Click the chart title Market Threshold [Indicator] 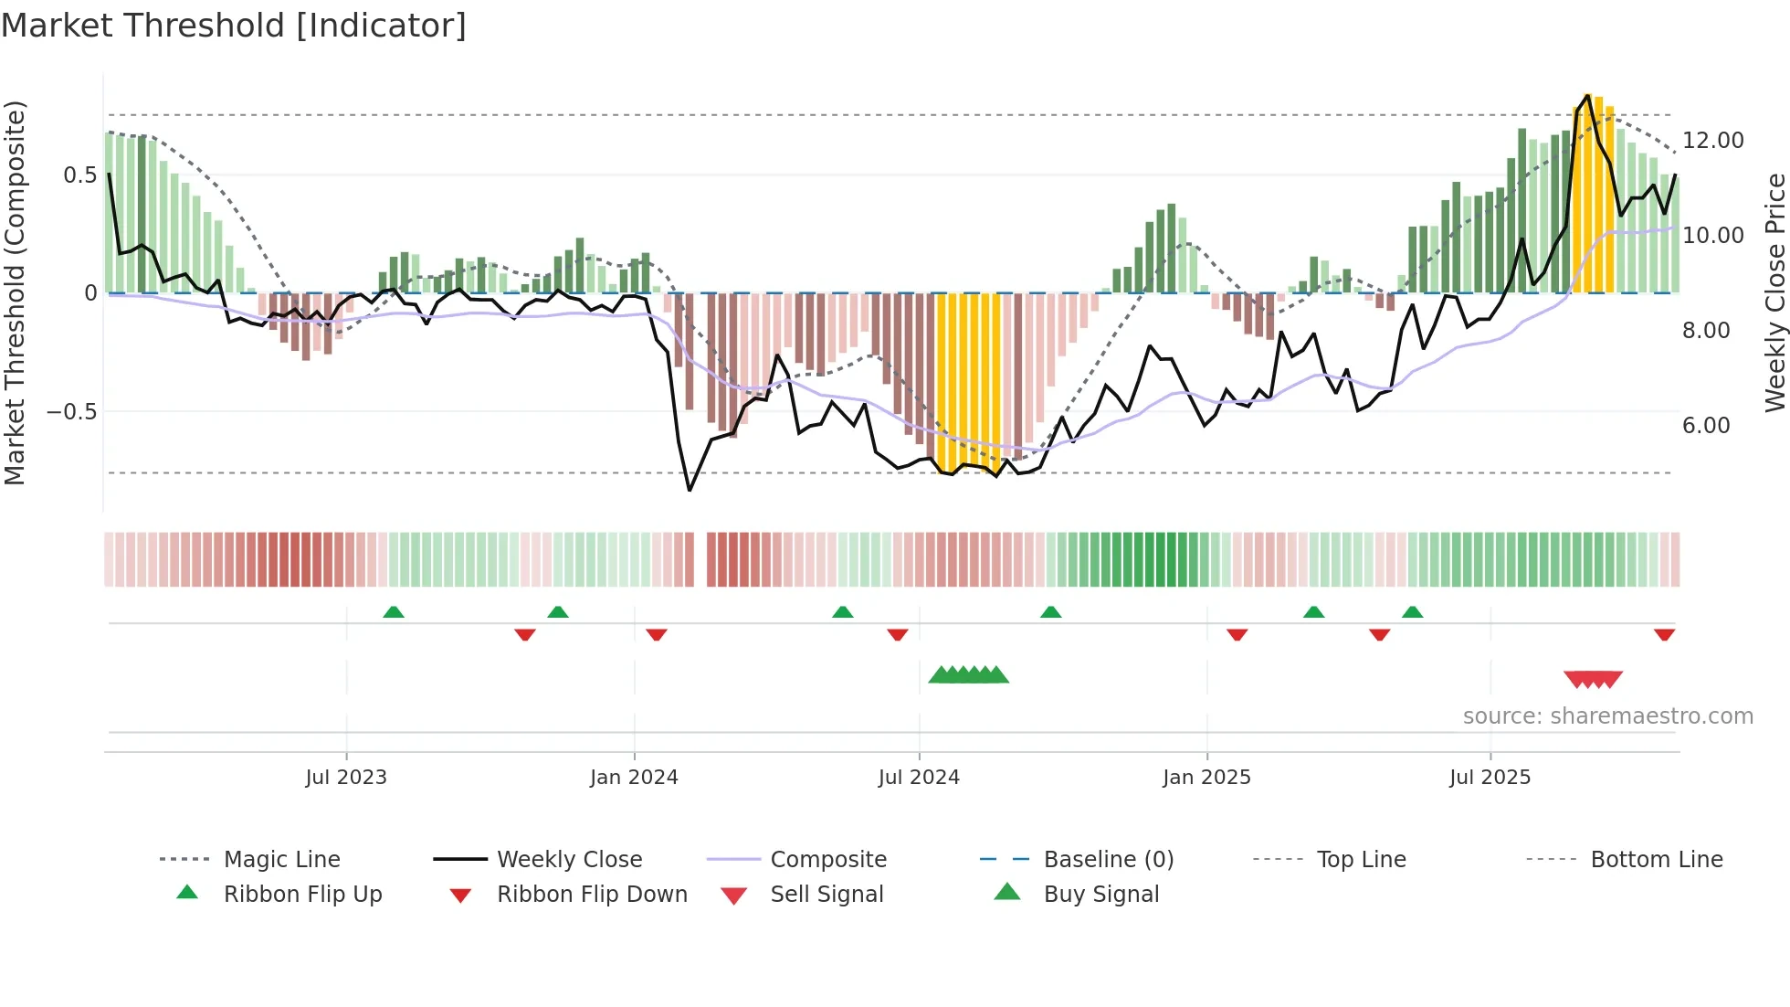pos(234,26)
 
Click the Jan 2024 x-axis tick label pos(634,777)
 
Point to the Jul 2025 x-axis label pos(1490,777)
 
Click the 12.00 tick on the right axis pos(1712,141)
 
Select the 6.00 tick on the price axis pos(1705,426)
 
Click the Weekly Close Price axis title pos(1774,292)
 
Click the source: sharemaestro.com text pos(1607,716)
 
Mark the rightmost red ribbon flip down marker pos(1664,634)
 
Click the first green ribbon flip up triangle pos(394,612)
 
